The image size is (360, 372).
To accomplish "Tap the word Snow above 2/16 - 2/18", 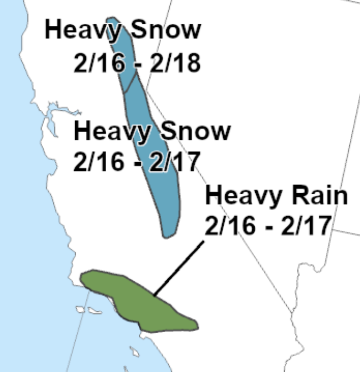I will (x=164, y=30).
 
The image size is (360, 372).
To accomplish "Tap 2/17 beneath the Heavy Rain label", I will (x=307, y=227).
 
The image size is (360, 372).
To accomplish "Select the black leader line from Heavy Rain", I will (x=178, y=269).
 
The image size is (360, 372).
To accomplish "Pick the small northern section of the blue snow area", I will (x=121, y=53).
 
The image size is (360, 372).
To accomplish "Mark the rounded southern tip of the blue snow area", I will (x=167, y=234).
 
